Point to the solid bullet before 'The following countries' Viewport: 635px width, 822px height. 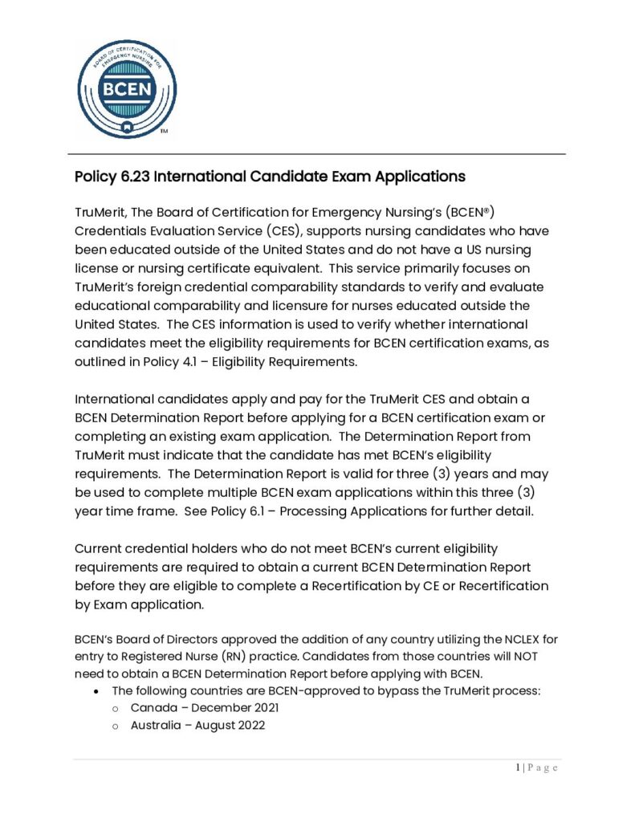pyautogui.click(x=96, y=691)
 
